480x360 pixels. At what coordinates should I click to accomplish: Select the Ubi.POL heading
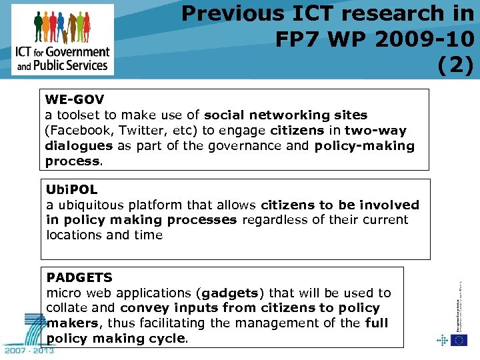(x=71, y=189)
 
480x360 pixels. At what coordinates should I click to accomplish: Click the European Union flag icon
(x=459, y=340)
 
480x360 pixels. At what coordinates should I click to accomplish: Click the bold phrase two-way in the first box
(x=382, y=131)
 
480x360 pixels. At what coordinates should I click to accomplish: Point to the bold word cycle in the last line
(x=169, y=339)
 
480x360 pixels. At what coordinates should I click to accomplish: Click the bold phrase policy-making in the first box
(x=364, y=146)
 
